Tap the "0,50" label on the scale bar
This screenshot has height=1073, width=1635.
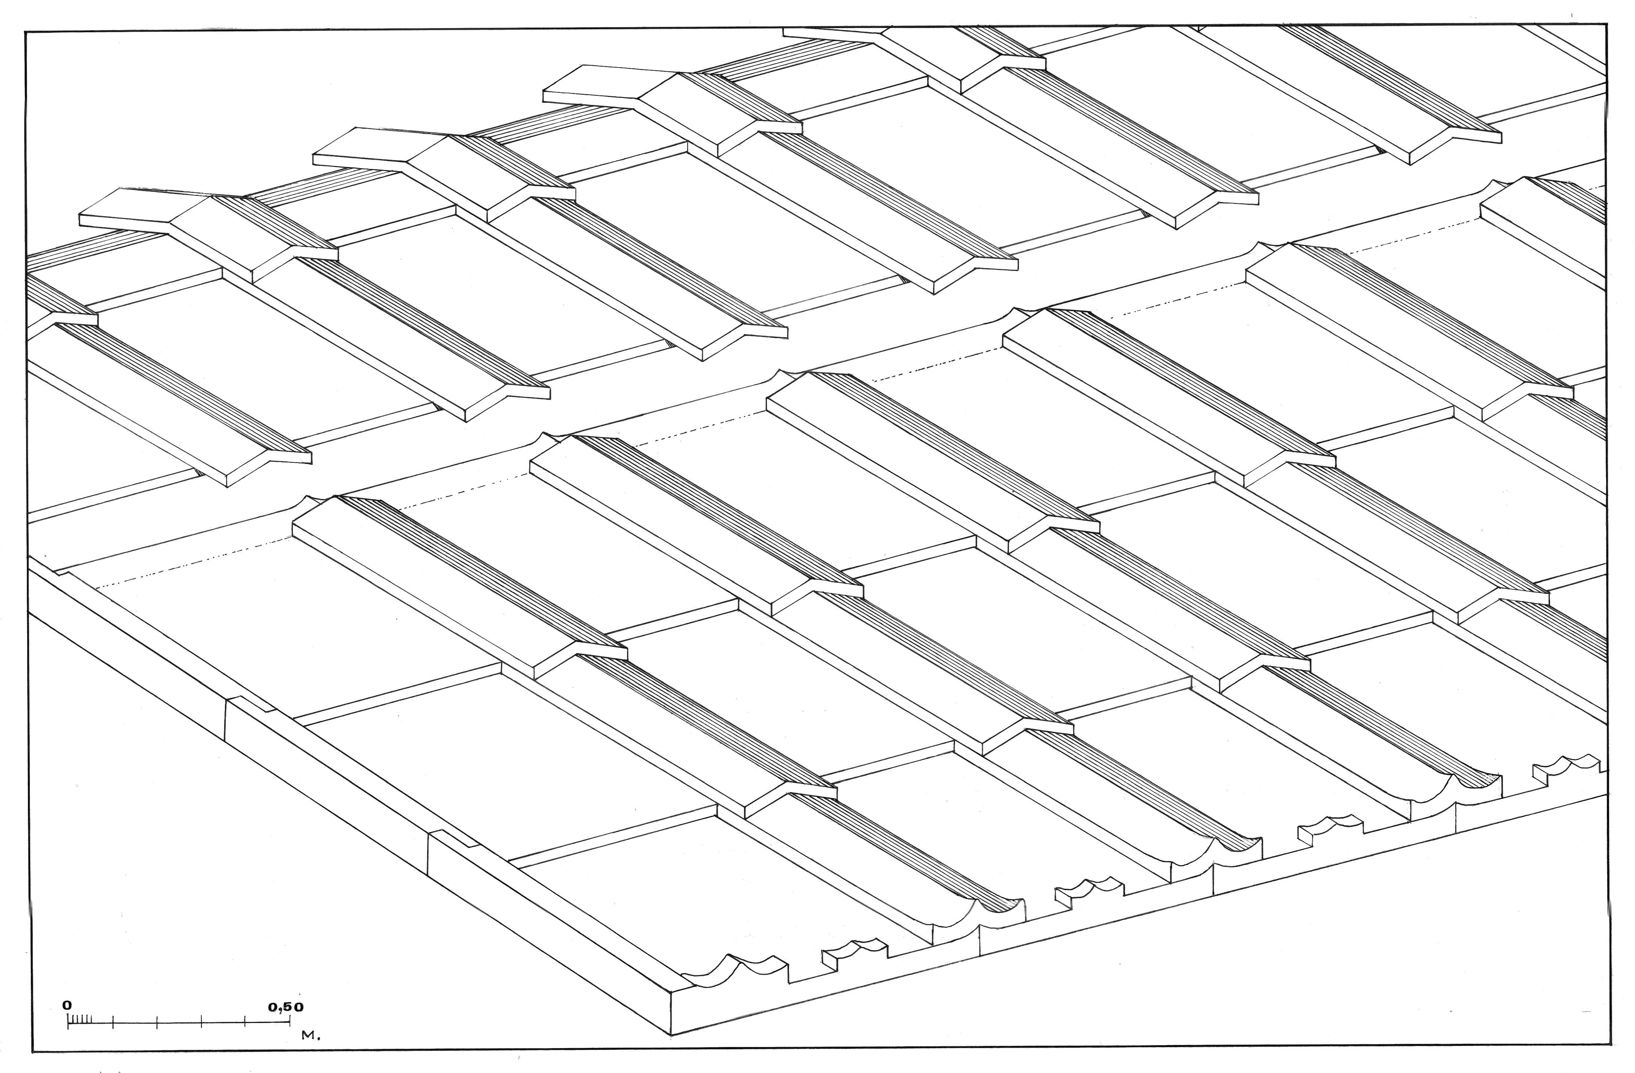[x=286, y=1007]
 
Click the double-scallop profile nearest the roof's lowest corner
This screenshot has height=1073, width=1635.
[x=735, y=970]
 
